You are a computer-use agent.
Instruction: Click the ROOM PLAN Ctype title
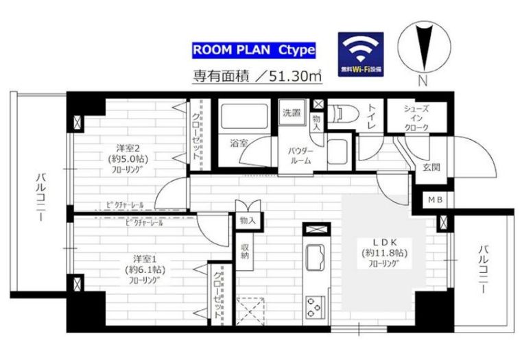(253, 50)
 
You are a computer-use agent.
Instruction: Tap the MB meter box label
(435, 201)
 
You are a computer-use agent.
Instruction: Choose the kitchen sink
(316, 256)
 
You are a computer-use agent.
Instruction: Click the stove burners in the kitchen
(316, 304)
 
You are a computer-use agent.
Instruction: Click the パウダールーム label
(302, 155)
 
